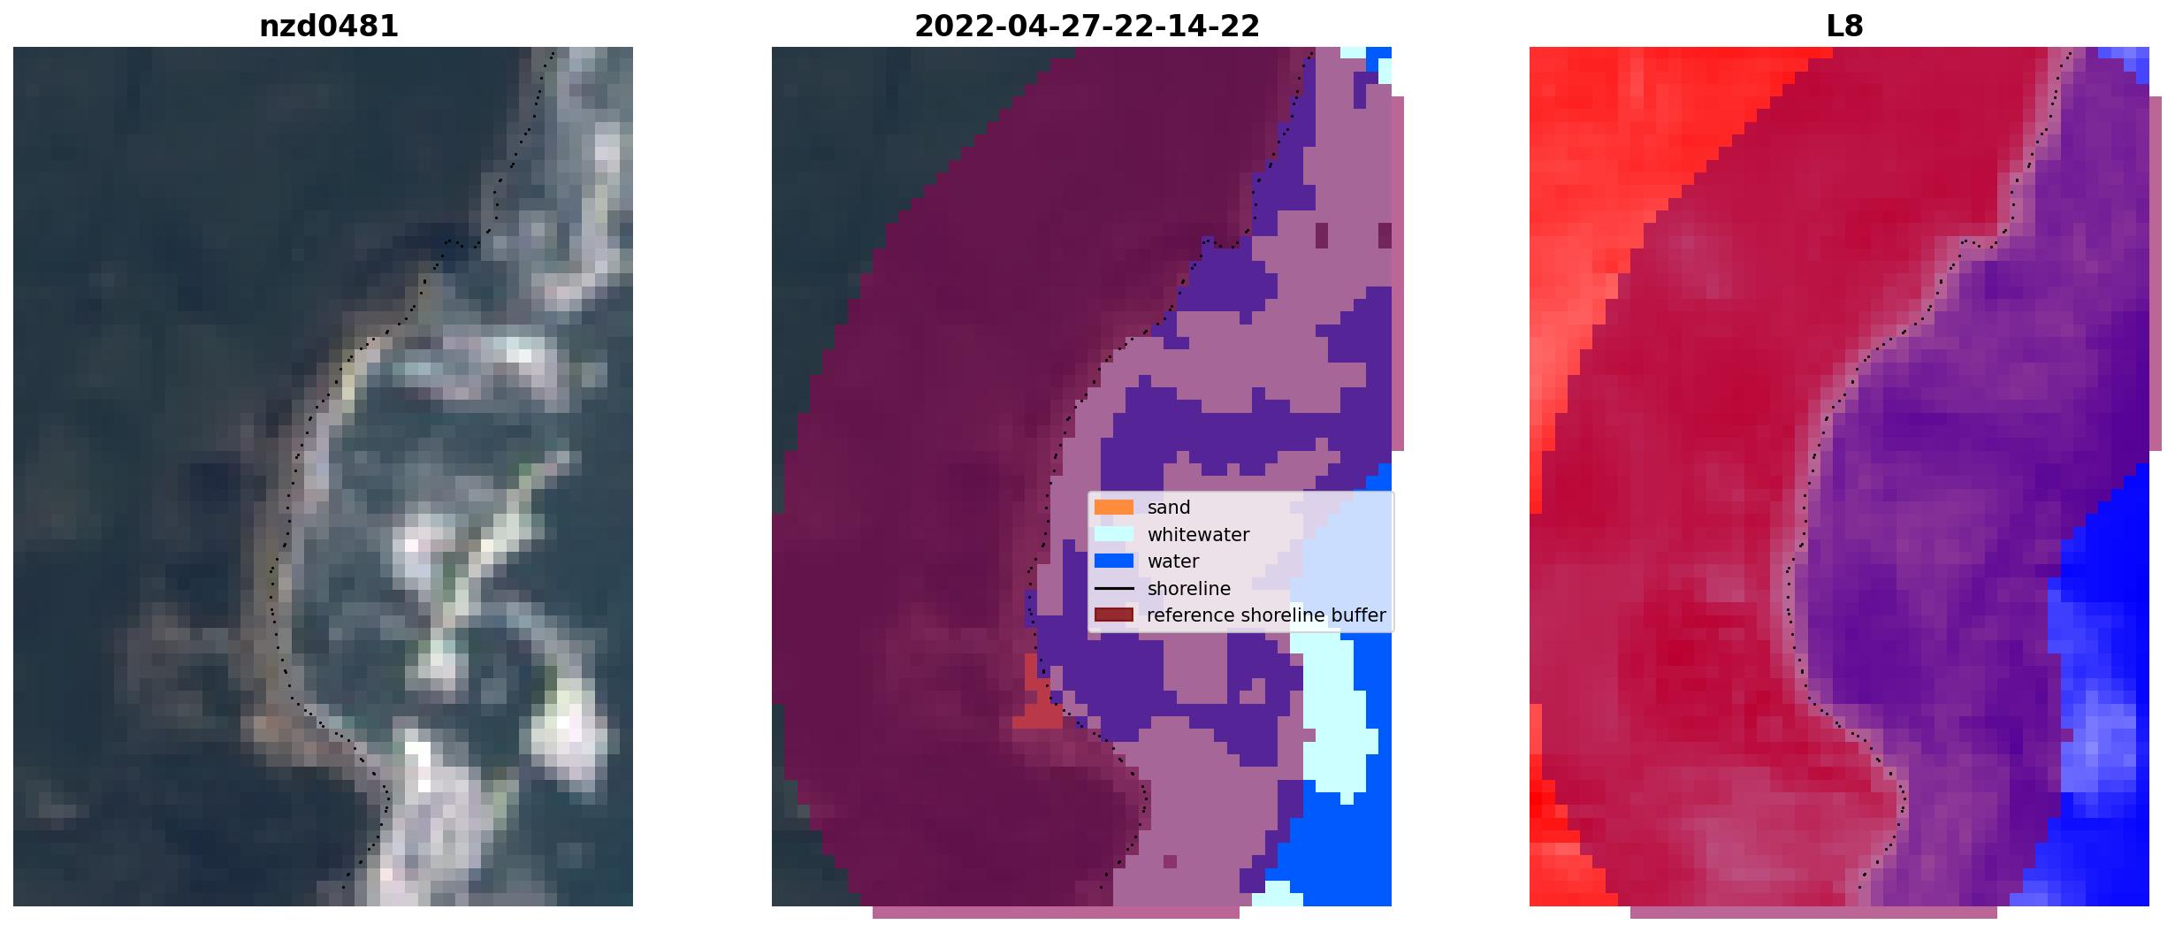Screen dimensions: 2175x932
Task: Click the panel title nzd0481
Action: click(x=328, y=27)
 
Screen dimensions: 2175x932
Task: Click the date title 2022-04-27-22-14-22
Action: click(x=1087, y=27)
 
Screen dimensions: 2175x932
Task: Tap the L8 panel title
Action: click(x=1844, y=27)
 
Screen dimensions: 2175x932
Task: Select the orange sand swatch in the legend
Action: click(x=1113, y=508)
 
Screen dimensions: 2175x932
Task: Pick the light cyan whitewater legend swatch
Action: click(x=1113, y=534)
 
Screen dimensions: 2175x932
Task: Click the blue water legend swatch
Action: click(x=1113, y=561)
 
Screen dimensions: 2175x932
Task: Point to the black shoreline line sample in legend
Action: click(x=1113, y=588)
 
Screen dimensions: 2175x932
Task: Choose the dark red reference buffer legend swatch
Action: click(x=1113, y=615)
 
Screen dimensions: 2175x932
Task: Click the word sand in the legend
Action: click(x=1169, y=508)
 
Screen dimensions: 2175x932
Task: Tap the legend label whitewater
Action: click(x=1198, y=535)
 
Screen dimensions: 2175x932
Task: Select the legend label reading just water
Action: click(x=1173, y=561)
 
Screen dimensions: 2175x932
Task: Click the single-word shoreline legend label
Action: click(x=1189, y=589)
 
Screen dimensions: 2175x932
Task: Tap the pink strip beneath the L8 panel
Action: click(x=1812, y=913)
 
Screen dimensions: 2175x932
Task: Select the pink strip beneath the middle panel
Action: click(x=1056, y=913)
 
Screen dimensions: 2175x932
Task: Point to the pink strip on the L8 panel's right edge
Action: click(x=2156, y=274)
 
